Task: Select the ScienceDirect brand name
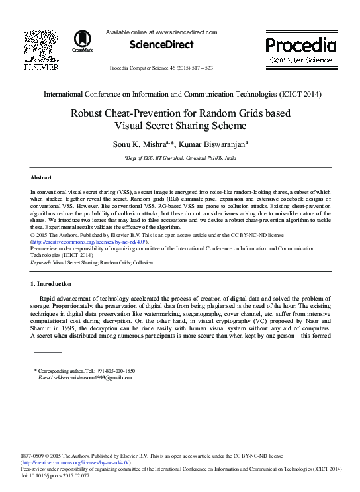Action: coord(162,45)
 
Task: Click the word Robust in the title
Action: coord(108,113)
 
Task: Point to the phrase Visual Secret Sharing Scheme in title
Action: coord(180,125)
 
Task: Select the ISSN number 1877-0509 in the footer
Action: coord(44,456)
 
